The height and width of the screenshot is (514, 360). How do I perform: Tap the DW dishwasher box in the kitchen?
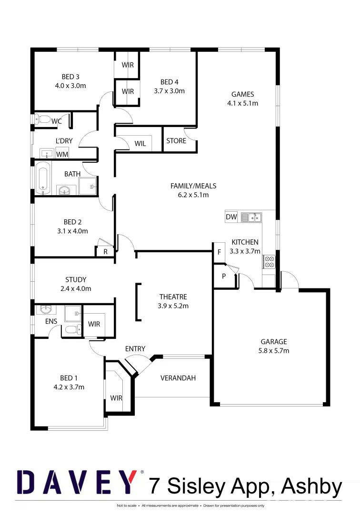point(231,217)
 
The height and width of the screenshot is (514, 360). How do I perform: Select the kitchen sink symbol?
point(251,217)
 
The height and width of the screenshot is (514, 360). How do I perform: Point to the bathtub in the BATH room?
point(43,178)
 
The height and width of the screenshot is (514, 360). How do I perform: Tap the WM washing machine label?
point(62,154)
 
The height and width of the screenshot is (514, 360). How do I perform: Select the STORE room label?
point(176,141)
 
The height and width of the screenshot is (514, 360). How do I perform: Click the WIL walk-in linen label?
point(140,144)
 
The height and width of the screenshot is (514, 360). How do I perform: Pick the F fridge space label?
point(220,252)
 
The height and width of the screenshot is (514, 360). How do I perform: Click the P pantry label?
point(223,276)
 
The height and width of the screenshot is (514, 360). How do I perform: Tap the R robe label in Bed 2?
point(105,252)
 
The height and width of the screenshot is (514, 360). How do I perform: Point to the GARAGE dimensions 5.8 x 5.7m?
point(273,351)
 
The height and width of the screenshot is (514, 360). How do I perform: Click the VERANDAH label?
point(178,378)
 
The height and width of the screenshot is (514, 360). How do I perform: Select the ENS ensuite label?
point(51,321)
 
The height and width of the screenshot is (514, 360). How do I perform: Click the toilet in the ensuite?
point(70,329)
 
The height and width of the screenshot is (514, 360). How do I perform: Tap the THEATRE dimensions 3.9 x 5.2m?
point(173,306)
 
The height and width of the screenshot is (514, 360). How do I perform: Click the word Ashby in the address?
point(312,486)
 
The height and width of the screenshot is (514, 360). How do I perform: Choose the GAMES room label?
point(243,94)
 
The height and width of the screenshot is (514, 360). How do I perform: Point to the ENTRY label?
point(135,349)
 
